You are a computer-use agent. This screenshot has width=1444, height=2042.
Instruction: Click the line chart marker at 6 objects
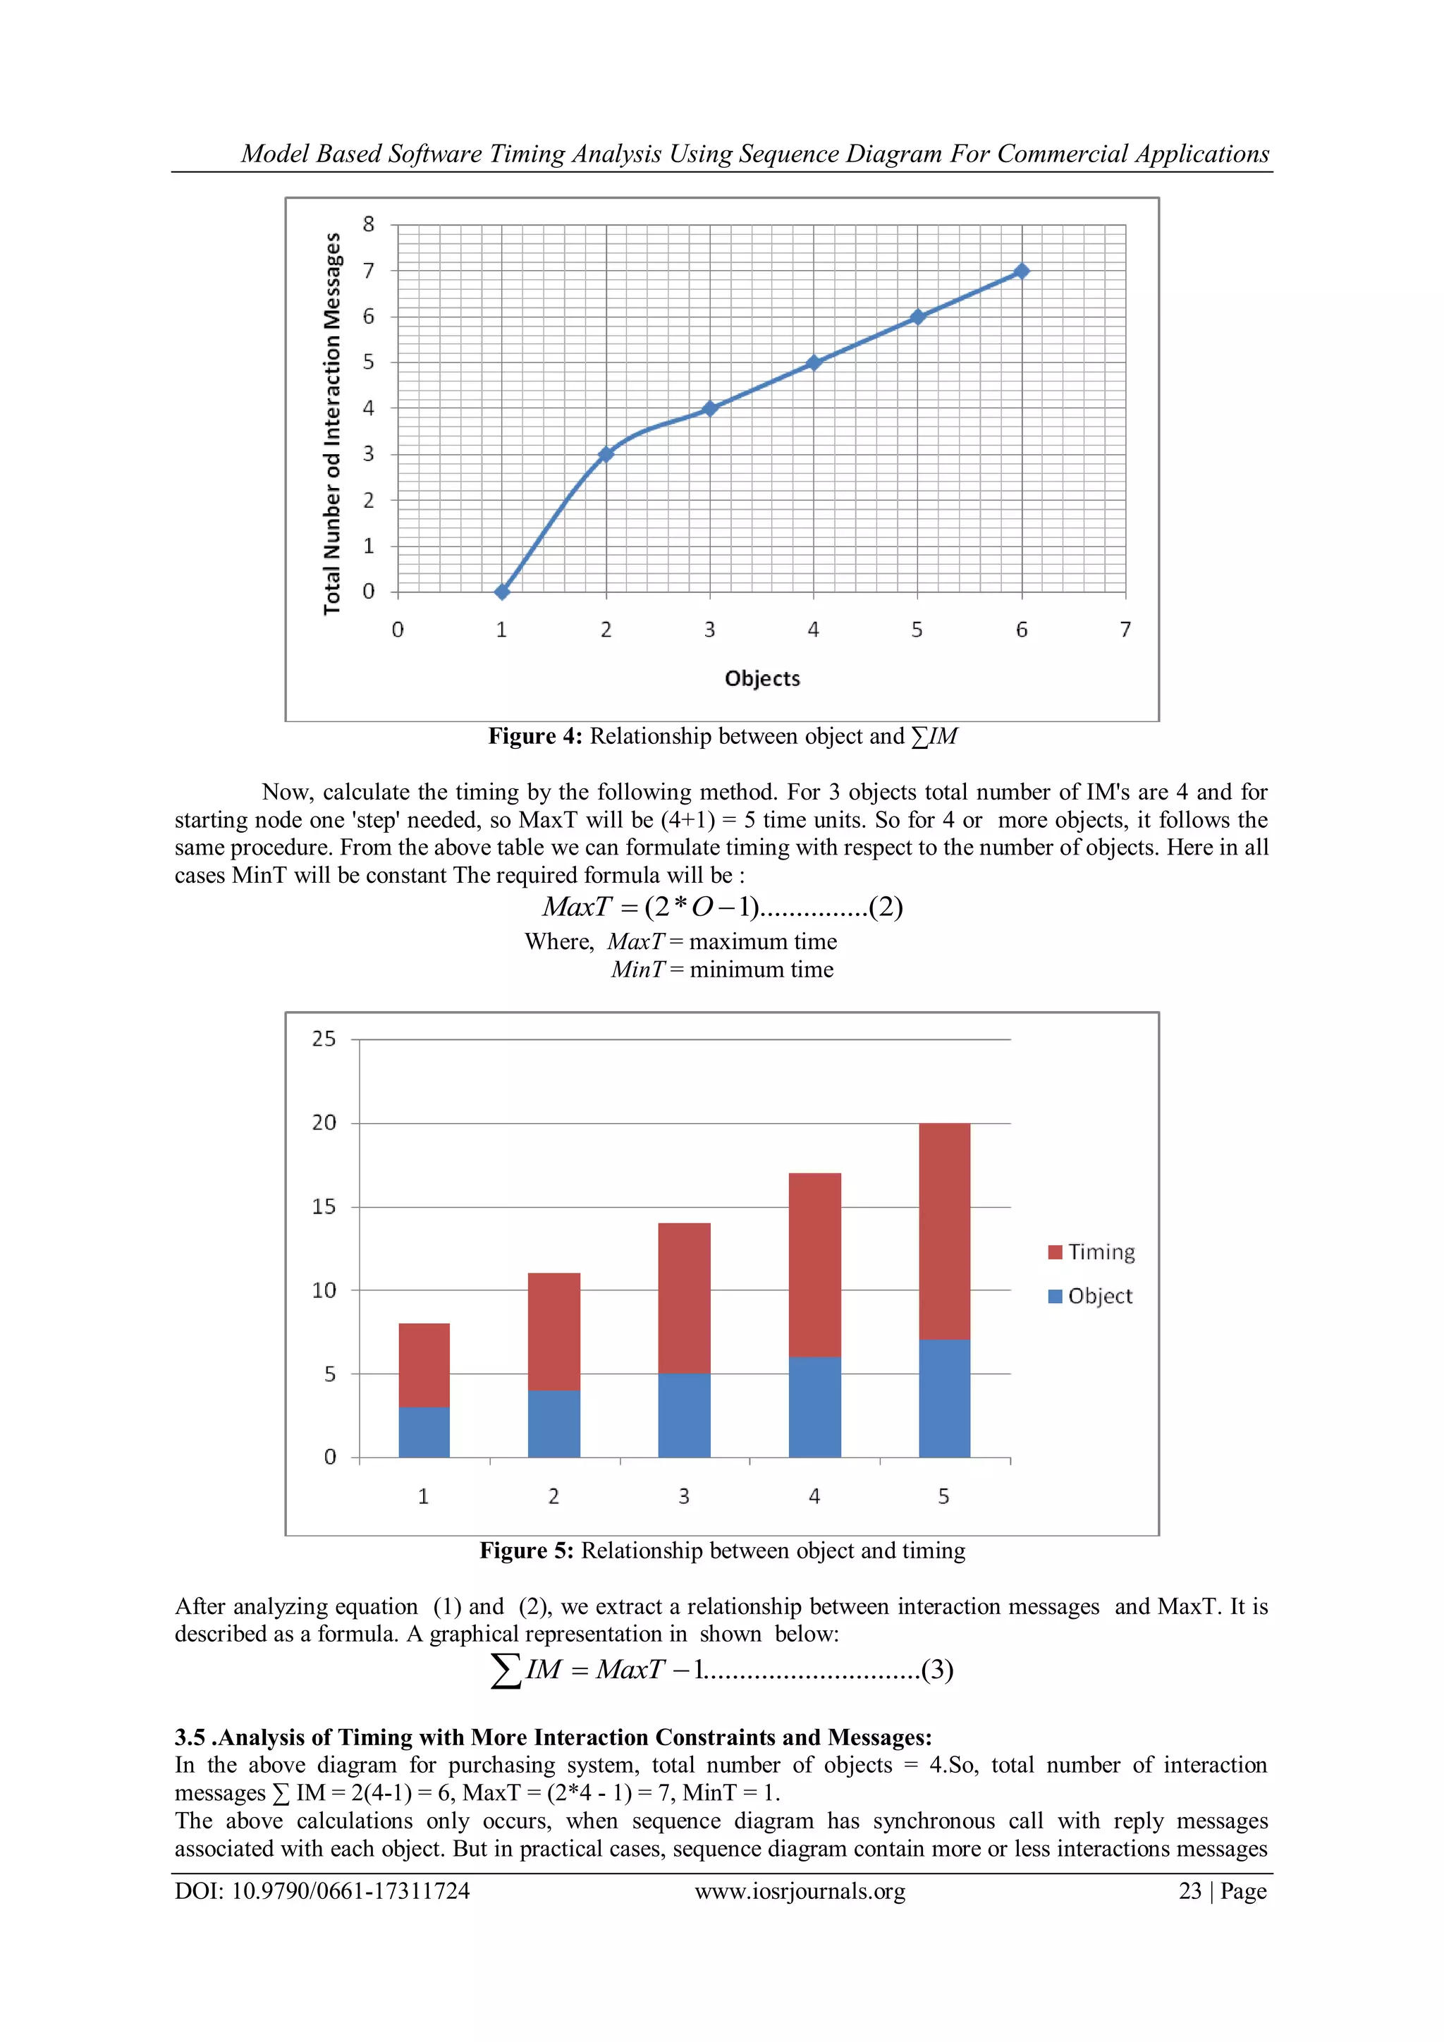(1022, 271)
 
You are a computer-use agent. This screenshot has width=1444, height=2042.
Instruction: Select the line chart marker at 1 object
(503, 592)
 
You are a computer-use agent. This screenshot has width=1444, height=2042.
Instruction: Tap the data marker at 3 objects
(709, 408)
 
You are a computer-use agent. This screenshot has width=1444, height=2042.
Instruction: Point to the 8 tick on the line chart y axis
(368, 224)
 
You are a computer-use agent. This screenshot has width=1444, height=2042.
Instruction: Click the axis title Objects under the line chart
(762, 678)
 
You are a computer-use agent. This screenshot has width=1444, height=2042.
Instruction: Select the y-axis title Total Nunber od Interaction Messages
(333, 423)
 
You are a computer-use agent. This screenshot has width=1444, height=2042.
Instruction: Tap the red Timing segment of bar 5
(944, 1231)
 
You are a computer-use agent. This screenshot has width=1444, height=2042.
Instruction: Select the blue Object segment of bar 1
(424, 1432)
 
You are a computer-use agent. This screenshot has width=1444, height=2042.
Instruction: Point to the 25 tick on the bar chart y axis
(324, 1039)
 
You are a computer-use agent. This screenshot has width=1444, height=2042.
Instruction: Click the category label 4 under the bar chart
(814, 1497)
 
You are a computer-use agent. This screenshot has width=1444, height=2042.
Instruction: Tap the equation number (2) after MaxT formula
(886, 907)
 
